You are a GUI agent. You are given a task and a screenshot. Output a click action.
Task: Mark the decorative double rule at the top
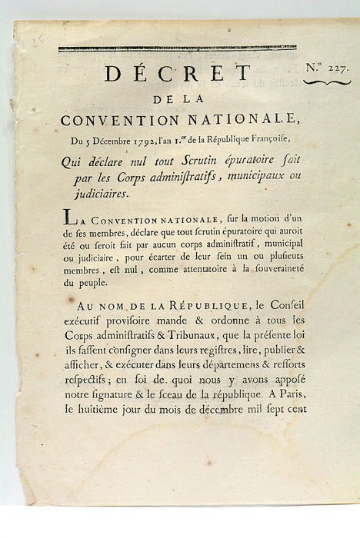point(177,48)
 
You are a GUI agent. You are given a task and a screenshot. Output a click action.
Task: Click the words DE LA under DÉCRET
point(176,99)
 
